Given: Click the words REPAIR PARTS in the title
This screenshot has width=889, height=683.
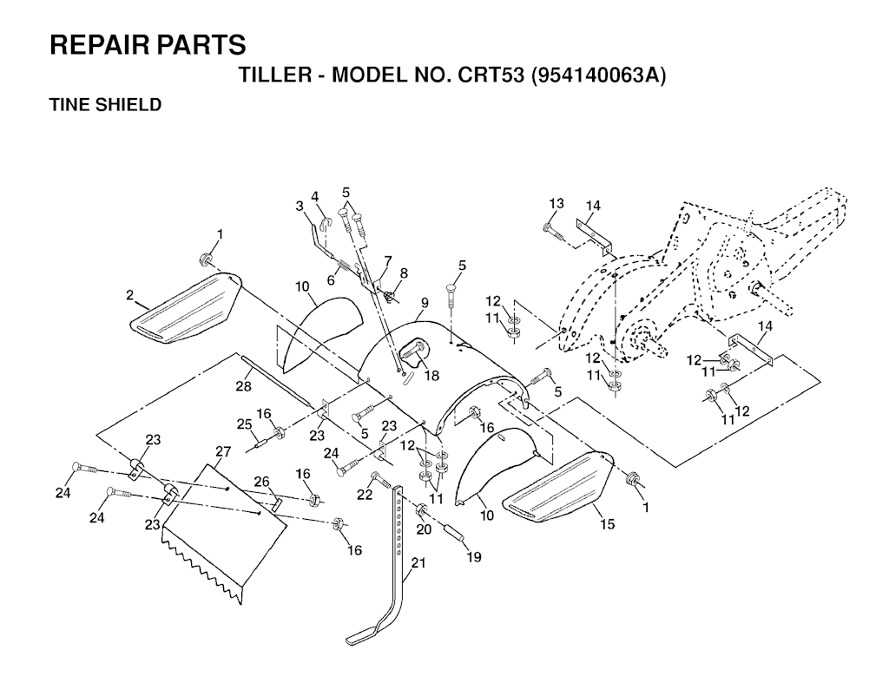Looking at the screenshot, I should tap(148, 45).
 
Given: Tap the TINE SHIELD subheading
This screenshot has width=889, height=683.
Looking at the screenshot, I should tap(105, 105).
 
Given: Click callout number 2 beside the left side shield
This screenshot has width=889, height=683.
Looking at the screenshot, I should tap(129, 295).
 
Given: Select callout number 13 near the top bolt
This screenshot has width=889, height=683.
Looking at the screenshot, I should tap(556, 203).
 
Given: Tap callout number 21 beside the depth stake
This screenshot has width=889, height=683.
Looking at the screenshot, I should tap(418, 562).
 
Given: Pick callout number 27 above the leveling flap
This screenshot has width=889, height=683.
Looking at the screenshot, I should tap(224, 451).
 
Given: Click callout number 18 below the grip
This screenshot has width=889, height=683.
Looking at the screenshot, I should tap(431, 376).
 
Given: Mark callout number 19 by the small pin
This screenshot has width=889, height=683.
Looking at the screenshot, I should tap(472, 557).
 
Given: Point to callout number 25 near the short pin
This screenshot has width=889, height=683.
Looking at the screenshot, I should tap(245, 424).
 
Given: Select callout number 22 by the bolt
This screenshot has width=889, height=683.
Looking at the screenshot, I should tap(365, 494).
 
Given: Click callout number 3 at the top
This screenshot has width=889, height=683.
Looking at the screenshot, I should tap(299, 206).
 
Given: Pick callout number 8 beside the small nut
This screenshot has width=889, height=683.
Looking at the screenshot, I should tap(404, 273).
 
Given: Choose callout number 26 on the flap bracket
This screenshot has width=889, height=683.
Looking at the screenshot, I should tap(261, 482).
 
